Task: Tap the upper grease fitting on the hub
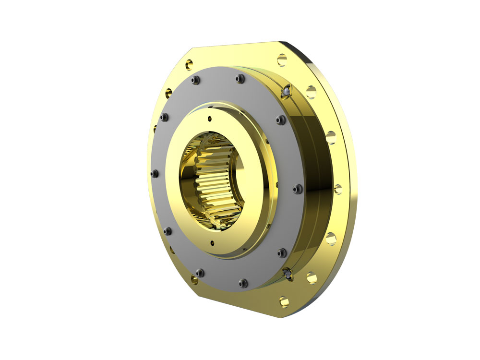coord(286,90)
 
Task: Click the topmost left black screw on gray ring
coord(195,80)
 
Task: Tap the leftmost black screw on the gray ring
coord(154,173)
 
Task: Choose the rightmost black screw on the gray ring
coord(297,188)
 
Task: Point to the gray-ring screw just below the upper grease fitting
coord(280,120)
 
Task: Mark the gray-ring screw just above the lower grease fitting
coord(282,252)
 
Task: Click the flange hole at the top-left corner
coord(189,63)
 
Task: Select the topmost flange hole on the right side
coord(282,60)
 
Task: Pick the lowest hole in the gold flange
coord(284,301)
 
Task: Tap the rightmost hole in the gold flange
coord(338,189)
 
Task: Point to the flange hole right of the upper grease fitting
coord(311,92)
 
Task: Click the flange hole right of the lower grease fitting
coord(312,277)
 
